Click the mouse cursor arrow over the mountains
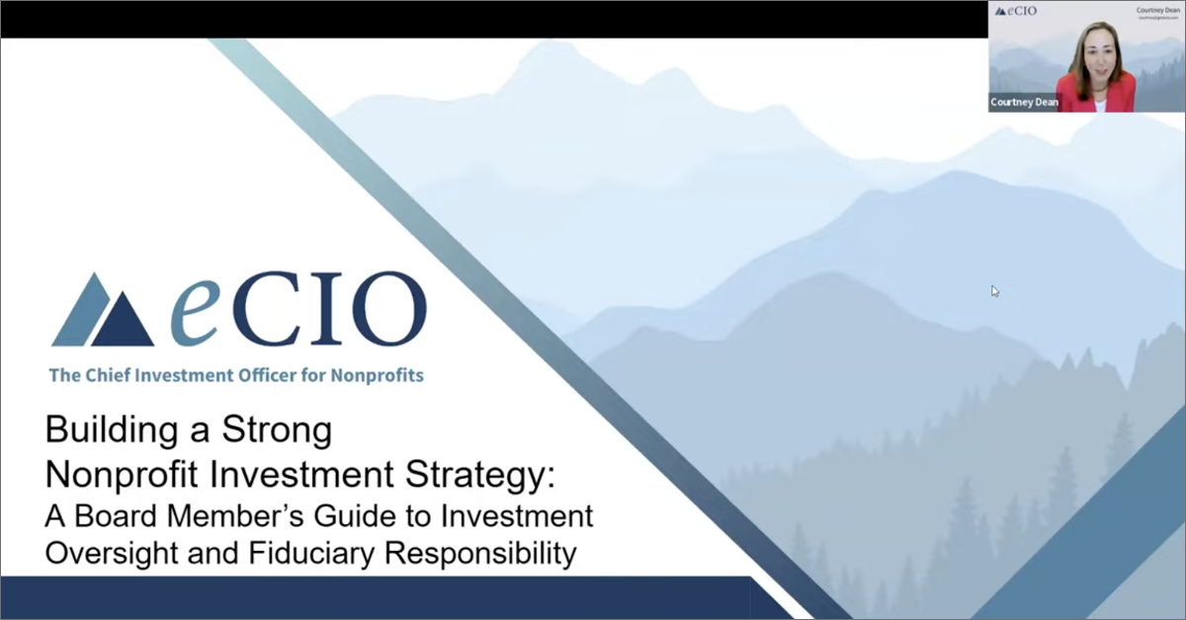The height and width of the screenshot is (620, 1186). point(995,290)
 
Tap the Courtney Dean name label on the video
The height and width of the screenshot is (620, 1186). point(1024,102)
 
